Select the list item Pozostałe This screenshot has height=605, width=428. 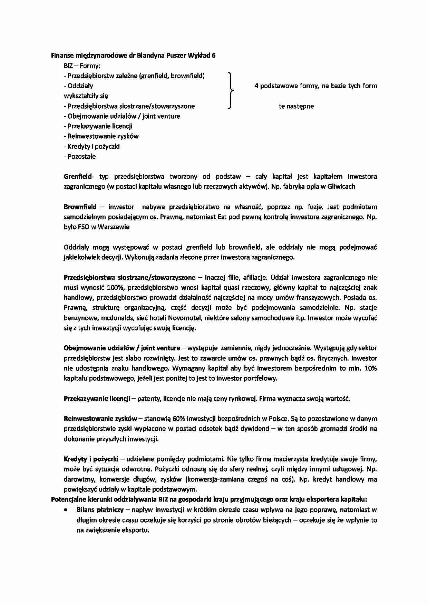(x=81, y=156)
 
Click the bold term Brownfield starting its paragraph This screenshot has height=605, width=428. (x=80, y=207)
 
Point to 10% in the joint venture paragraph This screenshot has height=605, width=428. (x=370, y=368)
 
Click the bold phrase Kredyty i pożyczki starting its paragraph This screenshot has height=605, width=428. (x=91, y=459)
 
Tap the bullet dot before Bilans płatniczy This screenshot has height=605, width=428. (x=65, y=509)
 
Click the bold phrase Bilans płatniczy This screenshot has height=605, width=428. (x=100, y=509)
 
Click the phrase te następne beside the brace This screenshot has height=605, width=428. (x=296, y=106)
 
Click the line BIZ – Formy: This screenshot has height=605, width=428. (x=82, y=66)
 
